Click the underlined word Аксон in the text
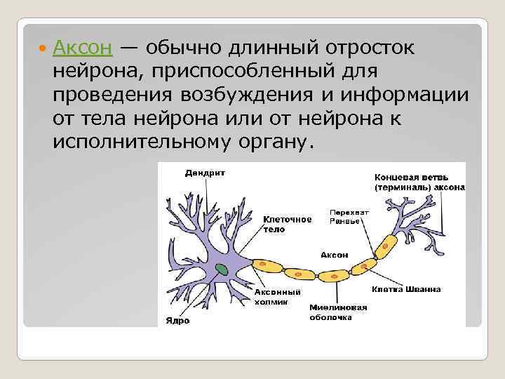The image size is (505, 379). (x=82, y=49)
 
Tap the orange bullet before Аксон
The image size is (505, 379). (x=43, y=49)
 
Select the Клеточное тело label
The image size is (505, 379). (x=287, y=223)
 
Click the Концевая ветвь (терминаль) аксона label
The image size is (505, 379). (x=419, y=182)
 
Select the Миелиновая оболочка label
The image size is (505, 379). (x=338, y=312)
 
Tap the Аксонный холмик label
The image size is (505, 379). (x=277, y=296)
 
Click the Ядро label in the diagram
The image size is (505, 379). (x=177, y=321)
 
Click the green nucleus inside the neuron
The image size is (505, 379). (x=222, y=269)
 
